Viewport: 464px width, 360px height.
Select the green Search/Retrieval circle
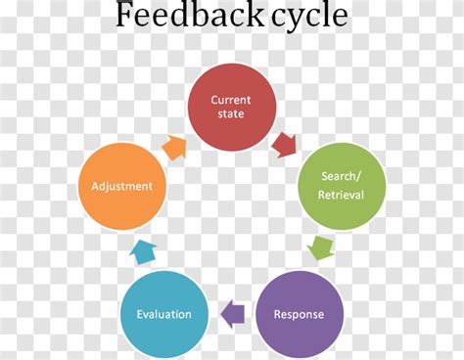[342, 185]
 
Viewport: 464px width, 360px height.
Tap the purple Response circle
[300, 315]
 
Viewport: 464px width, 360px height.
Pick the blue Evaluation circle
[163, 315]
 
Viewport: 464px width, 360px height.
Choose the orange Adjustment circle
[121, 185]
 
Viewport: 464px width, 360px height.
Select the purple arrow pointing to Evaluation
[232, 315]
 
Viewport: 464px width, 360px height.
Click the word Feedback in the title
[176, 17]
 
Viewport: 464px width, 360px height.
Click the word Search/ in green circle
[342, 176]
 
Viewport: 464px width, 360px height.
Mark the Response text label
[300, 315]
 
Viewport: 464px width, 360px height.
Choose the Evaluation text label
[163, 315]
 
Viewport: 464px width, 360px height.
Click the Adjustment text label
[121, 185]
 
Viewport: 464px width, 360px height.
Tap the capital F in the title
[125, 16]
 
